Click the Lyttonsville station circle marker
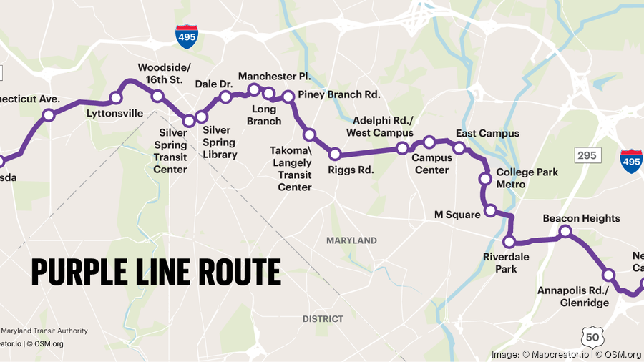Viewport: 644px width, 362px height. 116,98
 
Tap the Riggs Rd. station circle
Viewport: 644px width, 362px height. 334,153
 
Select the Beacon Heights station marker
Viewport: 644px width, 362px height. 565,231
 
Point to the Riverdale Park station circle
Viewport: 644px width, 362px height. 509,241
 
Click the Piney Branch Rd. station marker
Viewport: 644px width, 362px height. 288,96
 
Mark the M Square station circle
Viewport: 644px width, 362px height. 490,210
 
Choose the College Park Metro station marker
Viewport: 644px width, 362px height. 484,179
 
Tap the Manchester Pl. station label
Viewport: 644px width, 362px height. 274,76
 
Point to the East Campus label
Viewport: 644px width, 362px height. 487,134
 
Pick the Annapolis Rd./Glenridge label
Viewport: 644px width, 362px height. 573,297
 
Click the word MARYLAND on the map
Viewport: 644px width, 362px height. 351,240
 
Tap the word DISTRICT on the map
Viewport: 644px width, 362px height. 323,318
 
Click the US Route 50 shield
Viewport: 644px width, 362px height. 593,338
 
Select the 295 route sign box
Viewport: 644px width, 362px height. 587,155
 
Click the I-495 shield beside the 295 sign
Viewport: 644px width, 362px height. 631,162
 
